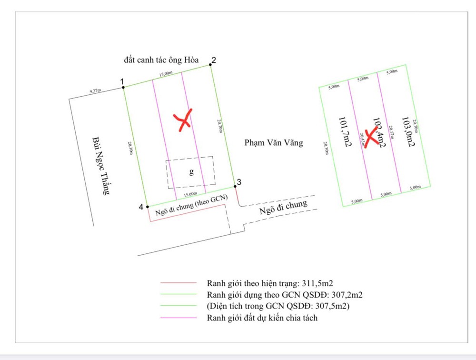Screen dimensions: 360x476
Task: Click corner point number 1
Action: (x=124, y=87)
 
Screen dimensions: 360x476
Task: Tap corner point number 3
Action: (x=235, y=186)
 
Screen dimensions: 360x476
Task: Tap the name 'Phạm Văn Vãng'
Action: (x=273, y=142)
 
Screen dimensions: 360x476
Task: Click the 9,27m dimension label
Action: (x=95, y=90)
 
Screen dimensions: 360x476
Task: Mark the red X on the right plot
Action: (x=371, y=138)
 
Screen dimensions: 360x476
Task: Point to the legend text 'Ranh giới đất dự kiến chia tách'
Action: (x=262, y=318)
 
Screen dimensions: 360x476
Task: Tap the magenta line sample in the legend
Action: (x=178, y=318)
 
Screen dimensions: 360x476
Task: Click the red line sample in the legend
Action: (x=178, y=283)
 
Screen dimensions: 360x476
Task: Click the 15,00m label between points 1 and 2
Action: (x=166, y=73)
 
